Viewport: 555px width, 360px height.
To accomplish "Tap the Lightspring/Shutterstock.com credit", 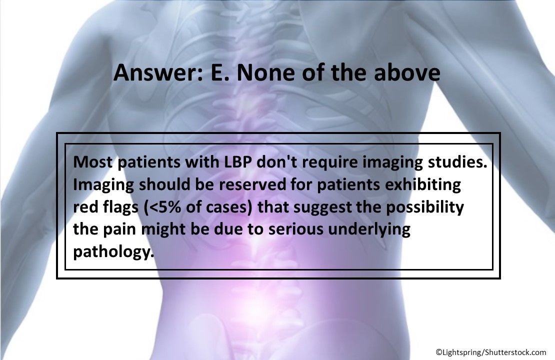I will tap(491, 352).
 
